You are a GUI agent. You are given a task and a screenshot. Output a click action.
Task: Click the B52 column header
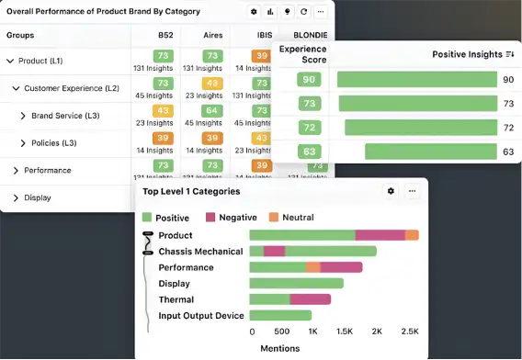point(165,35)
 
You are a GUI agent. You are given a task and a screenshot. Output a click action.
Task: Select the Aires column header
point(213,35)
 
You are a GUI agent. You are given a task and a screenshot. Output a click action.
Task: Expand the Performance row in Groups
point(16,171)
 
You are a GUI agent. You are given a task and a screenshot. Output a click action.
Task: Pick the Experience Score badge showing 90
point(309,80)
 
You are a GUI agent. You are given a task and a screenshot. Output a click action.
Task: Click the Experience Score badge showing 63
point(309,152)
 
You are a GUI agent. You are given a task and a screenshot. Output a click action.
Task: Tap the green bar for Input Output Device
point(279,316)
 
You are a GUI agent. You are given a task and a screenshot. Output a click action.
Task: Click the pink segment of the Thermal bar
point(310,299)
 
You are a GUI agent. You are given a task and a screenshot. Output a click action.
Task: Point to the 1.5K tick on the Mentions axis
point(345,332)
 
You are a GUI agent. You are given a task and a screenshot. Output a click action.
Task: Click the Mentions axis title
point(279,349)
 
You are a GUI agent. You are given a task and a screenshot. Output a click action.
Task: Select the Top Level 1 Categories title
point(190,192)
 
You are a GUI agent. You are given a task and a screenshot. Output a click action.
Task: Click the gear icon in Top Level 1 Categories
point(391,191)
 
